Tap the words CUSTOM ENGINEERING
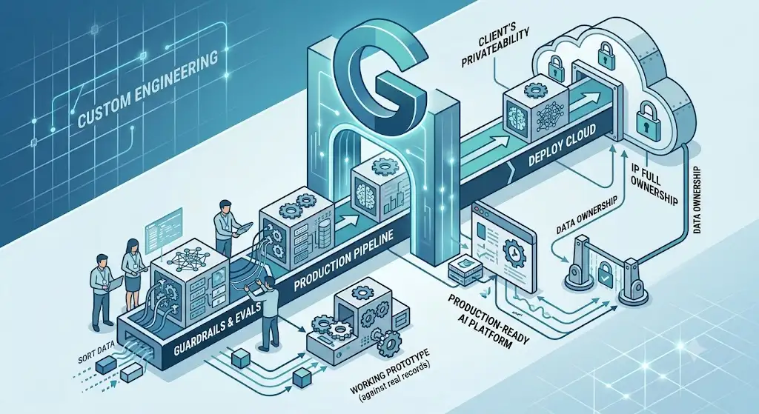point(148,91)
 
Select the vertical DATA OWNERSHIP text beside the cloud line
point(698,200)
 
